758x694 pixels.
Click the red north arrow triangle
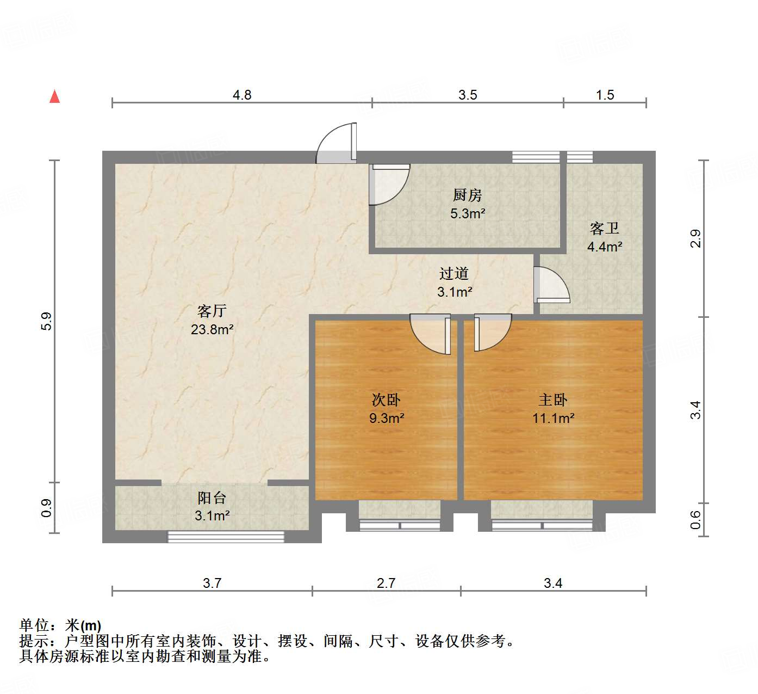tap(54, 97)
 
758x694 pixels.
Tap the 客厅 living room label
tap(212, 311)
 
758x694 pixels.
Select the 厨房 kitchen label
tap(467, 195)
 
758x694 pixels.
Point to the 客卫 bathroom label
tap(604, 228)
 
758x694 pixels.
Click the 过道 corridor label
tap(454, 274)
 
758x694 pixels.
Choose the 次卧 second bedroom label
tap(386, 400)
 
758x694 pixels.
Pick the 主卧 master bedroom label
tap(553, 400)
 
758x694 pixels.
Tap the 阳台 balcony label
tap(212, 498)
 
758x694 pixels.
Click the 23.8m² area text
tap(212, 329)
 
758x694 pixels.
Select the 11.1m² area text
tap(554, 419)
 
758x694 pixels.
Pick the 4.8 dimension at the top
tap(242, 95)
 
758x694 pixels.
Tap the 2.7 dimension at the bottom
tap(386, 584)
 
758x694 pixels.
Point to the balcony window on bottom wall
tap(226, 537)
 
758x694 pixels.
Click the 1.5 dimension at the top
tap(605, 95)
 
